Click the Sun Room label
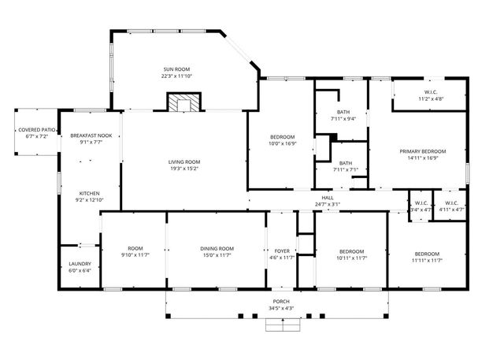click(176, 69)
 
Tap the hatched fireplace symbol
click(183, 102)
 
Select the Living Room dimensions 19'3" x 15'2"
click(184, 169)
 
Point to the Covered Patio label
click(37, 130)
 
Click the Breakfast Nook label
click(91, 135)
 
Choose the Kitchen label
click(89, 194)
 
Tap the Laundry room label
click(80, 264)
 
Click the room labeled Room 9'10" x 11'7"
click(135, 248)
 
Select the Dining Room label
click(217, 248)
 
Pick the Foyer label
click(282, 251)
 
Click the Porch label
click(281, 302)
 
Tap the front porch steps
click(283, 325)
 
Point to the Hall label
click(328, 198)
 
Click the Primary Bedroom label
click(423, 151)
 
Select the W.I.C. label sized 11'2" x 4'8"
click(431, 92)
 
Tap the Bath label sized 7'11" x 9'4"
click(343, 112)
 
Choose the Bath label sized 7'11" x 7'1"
click(346, 163)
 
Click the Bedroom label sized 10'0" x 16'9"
click(282, 137)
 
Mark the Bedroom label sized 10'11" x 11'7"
click(352, 251)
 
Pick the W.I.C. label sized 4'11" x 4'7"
click(451, 203)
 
